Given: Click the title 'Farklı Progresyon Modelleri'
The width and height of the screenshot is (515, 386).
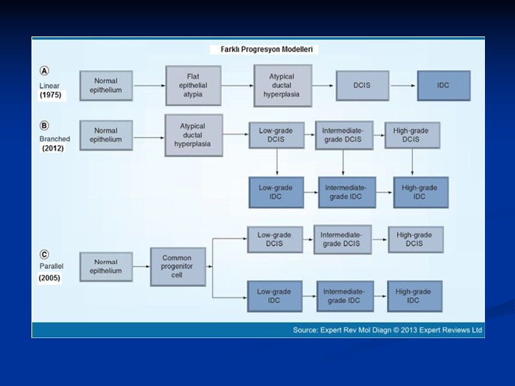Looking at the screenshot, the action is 266,49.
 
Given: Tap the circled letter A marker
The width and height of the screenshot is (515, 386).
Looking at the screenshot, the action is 44,71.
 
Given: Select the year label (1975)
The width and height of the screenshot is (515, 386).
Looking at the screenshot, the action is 51,95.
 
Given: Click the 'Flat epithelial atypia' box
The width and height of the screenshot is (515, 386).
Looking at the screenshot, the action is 193,85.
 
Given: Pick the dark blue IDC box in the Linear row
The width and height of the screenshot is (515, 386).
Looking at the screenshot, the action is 443,85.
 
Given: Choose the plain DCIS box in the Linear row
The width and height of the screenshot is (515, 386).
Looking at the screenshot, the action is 362,85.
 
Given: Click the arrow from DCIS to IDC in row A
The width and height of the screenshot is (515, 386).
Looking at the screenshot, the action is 403,86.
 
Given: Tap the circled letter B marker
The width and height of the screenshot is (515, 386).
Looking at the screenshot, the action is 44,126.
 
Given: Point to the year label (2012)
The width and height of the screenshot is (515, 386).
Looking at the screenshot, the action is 53,149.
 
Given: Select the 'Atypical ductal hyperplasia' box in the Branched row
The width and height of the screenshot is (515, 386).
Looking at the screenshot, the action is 194,135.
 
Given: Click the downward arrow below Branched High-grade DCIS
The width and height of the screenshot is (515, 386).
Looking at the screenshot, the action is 412,162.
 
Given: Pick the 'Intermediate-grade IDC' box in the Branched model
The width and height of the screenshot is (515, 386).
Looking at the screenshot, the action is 347,192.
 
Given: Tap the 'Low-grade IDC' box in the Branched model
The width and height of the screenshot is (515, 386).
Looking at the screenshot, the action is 276,192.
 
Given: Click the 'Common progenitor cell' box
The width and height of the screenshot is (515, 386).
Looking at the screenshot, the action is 178,267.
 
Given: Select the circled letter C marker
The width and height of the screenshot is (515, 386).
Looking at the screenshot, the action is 44,254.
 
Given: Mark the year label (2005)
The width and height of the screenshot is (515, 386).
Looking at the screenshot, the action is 49,278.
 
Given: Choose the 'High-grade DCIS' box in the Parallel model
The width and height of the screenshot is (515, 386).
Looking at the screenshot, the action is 416,239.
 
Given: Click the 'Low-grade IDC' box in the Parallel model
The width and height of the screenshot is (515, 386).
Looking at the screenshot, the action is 275,296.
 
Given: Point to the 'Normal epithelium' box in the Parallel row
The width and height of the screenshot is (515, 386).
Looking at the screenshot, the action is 106,267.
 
